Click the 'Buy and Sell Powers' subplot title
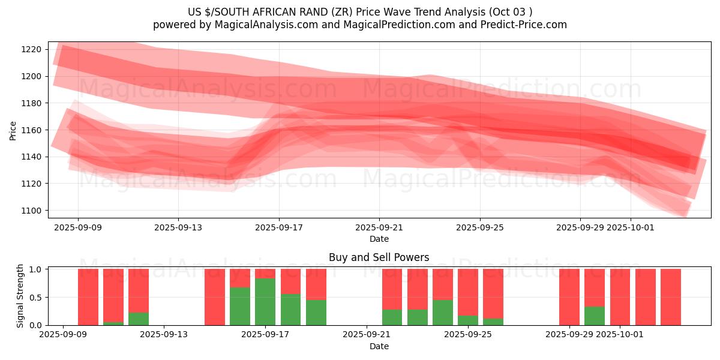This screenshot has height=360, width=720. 379,257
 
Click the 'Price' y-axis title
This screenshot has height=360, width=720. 13,130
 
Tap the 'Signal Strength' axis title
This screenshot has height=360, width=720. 20,296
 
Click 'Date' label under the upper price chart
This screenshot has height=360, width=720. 379,239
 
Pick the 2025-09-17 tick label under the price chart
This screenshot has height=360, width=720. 278,227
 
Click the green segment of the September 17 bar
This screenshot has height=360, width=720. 265,302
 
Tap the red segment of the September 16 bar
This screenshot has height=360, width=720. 240,278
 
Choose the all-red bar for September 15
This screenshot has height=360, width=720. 215,297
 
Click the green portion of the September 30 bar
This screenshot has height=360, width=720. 595,316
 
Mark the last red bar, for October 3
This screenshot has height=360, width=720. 671,297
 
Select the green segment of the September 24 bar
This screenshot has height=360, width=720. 443,313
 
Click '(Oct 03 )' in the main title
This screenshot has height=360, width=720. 511,11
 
